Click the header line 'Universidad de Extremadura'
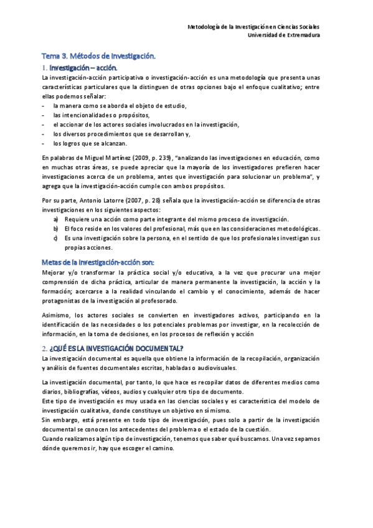284,35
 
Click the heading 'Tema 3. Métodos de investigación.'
99,56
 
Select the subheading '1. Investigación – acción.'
78,67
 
